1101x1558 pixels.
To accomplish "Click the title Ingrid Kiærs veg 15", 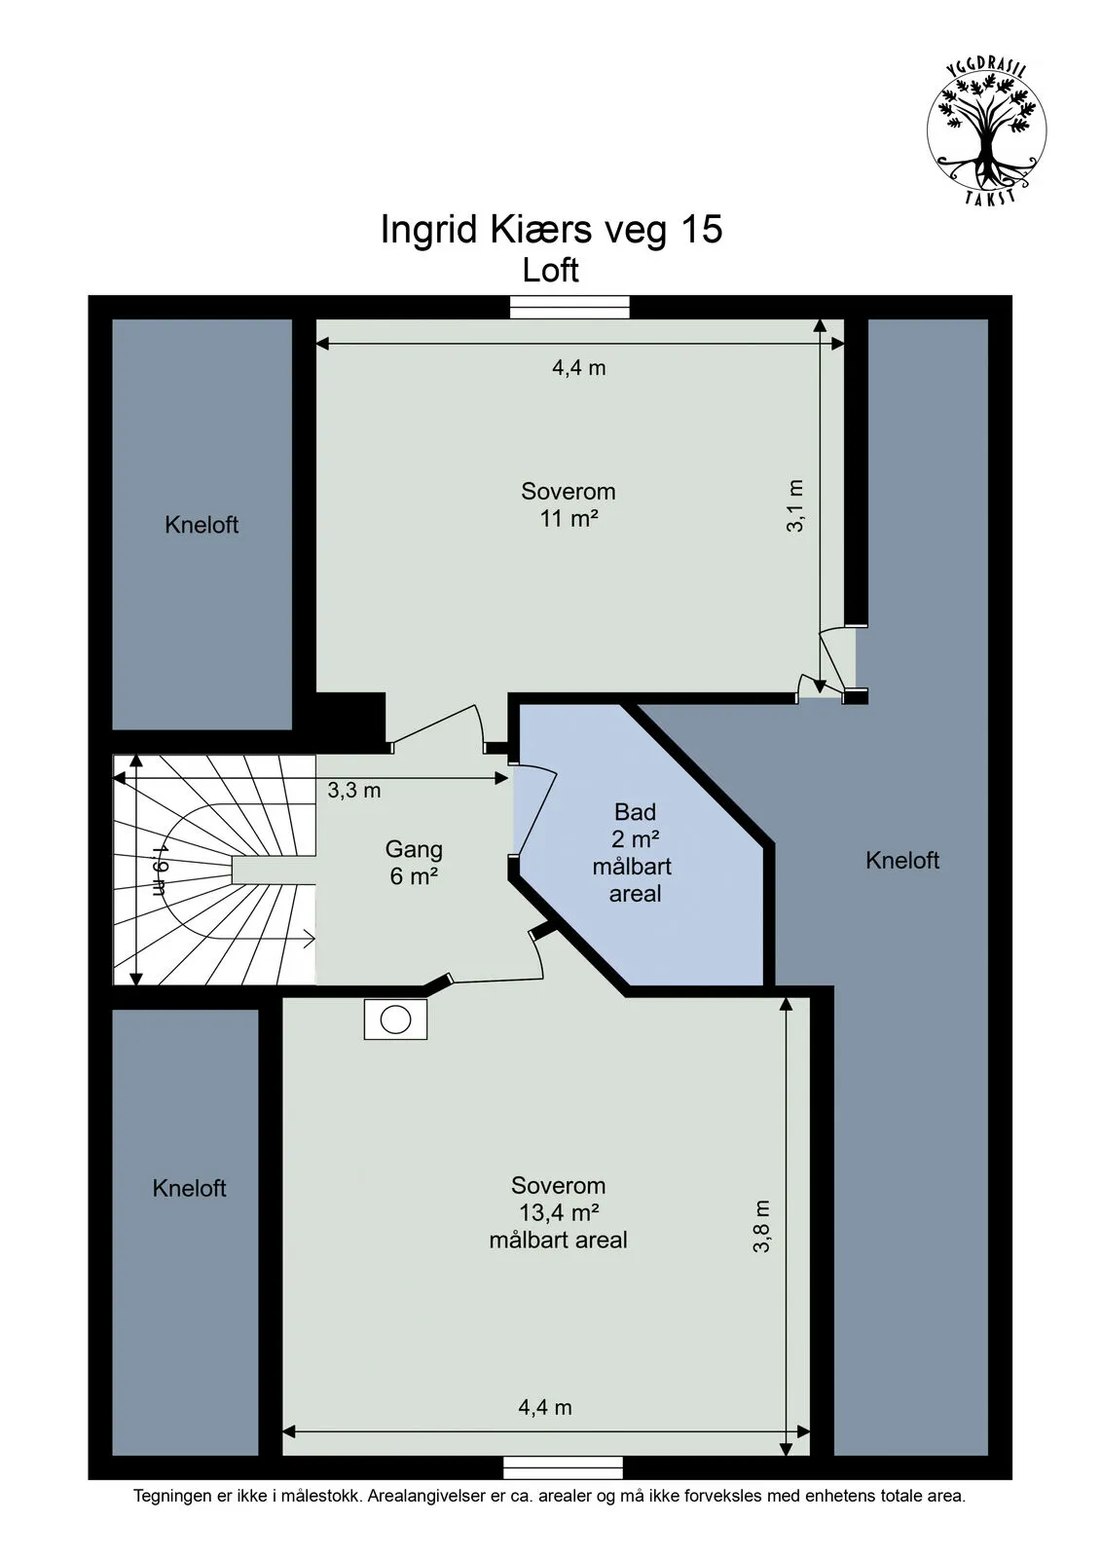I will pyautogui.click(x=551, y=230).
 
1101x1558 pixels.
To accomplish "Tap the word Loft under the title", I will pyautogui.click(x=551, y=270).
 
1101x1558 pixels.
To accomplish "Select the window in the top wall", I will pyautogui.click(x=569, y=307).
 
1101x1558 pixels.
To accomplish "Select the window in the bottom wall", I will pyautogui.click(x=563, y=1467).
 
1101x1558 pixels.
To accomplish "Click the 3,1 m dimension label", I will pyautogui.click(x=795, y=505).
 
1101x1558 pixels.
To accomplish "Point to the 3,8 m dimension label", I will pyautogui.click(x=761, y=1226).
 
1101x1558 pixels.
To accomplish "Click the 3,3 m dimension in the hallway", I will pyautogui.click(x=354, y=790).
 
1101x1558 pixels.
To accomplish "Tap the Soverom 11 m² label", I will pyautogui.click(x=569, y=504).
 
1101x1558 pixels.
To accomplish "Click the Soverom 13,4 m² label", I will pyautogui.click(x=558, y=1212).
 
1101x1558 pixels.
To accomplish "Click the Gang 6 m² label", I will pyautogui.click(x=414, y=862).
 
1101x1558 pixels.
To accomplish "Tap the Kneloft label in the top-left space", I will pyautogui.click(x=202, y=525).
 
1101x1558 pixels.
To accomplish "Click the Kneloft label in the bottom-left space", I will pyautogui.click(x=189, y=1188).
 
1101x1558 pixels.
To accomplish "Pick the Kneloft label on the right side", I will pyautogui.click(x=902, y=860).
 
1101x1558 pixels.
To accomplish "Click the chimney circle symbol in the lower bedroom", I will pyautogui.click(x=396, y=1019).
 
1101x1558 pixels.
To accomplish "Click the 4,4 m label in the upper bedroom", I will pyautogui.click(x=579, y=367).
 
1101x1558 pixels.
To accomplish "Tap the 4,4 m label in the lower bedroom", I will pyautogui.click(x=545, y=1407).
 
